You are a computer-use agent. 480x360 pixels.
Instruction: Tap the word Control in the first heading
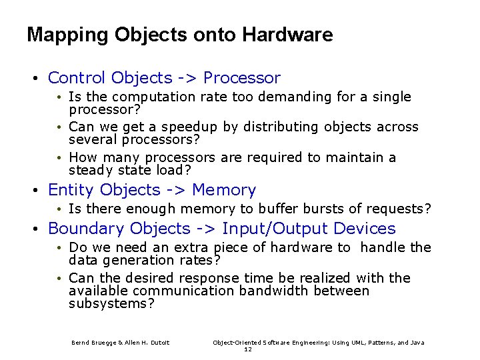click(77, 78)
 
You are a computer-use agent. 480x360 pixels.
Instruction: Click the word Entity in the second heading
click(70, 190)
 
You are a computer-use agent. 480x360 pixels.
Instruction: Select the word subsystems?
click(111, 304)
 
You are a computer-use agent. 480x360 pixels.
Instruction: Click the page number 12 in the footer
click(248, 349)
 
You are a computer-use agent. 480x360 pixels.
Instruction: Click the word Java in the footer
click(417, 343)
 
